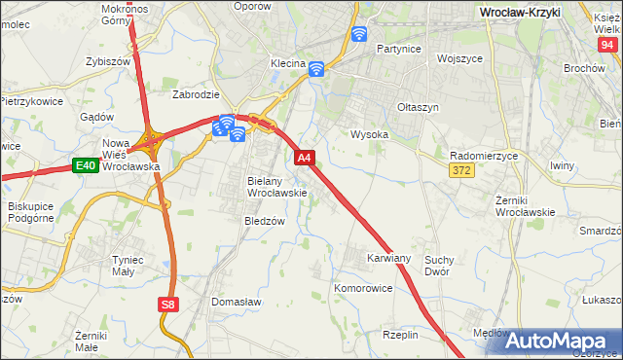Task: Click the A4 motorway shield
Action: coord(305,158)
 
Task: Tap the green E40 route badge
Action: coord(85,166)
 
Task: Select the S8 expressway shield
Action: coord(168,305)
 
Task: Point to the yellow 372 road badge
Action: coord(462,171)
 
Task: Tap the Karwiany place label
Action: coord(389,259)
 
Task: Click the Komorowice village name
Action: coord(362,289)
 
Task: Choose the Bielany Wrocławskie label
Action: coord(277,187)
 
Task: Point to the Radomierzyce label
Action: coord(484,156)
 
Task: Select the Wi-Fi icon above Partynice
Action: coord(359,35)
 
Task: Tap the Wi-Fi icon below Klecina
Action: coord(315,69)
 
